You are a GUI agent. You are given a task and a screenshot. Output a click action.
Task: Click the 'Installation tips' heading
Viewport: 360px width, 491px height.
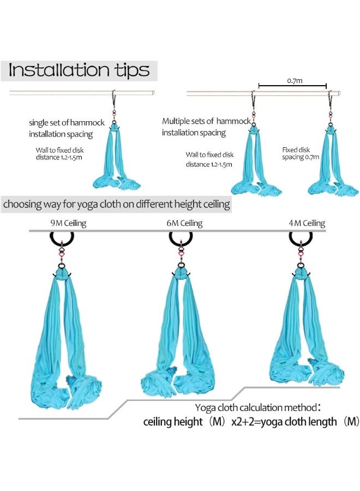tap(79, 70)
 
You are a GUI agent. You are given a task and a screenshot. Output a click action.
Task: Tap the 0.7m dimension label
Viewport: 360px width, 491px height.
tap(295, 80)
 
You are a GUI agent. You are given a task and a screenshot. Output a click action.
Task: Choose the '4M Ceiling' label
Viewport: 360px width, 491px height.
tap(307, 223)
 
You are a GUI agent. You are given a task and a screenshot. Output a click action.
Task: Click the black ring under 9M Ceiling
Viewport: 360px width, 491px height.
tap(62, 239)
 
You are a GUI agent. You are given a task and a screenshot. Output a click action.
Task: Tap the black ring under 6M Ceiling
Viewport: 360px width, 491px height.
tap(181, 238)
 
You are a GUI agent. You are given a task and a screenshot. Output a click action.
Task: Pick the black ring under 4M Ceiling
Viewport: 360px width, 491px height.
tap(301, 238)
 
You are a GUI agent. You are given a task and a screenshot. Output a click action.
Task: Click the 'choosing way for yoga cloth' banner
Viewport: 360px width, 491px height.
tap(115, 205)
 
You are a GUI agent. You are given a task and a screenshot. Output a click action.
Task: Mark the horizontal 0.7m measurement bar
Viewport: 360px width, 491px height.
tap(292, 86)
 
